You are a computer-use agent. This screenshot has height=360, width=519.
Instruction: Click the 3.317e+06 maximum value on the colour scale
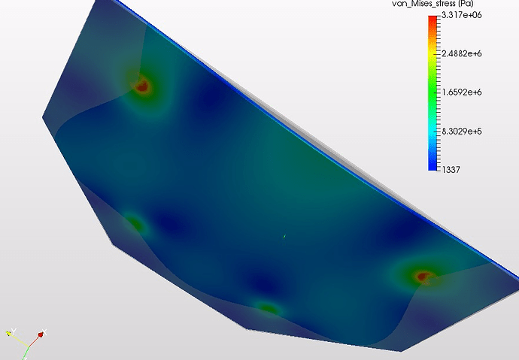click(461, 15)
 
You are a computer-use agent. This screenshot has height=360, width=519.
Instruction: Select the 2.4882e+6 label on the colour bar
click(462, 53)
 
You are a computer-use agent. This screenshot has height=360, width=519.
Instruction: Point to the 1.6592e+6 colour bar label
click(462, 92)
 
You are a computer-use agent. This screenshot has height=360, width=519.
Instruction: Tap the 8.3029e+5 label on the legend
click(462, 132)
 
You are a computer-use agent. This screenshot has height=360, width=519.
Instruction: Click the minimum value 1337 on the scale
click(451, 170)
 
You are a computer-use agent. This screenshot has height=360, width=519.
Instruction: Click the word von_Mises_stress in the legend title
click(423, 4)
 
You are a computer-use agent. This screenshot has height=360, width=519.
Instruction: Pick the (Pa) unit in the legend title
click(464, 4)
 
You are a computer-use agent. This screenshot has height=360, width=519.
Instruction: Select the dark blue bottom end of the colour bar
click(432, 168)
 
